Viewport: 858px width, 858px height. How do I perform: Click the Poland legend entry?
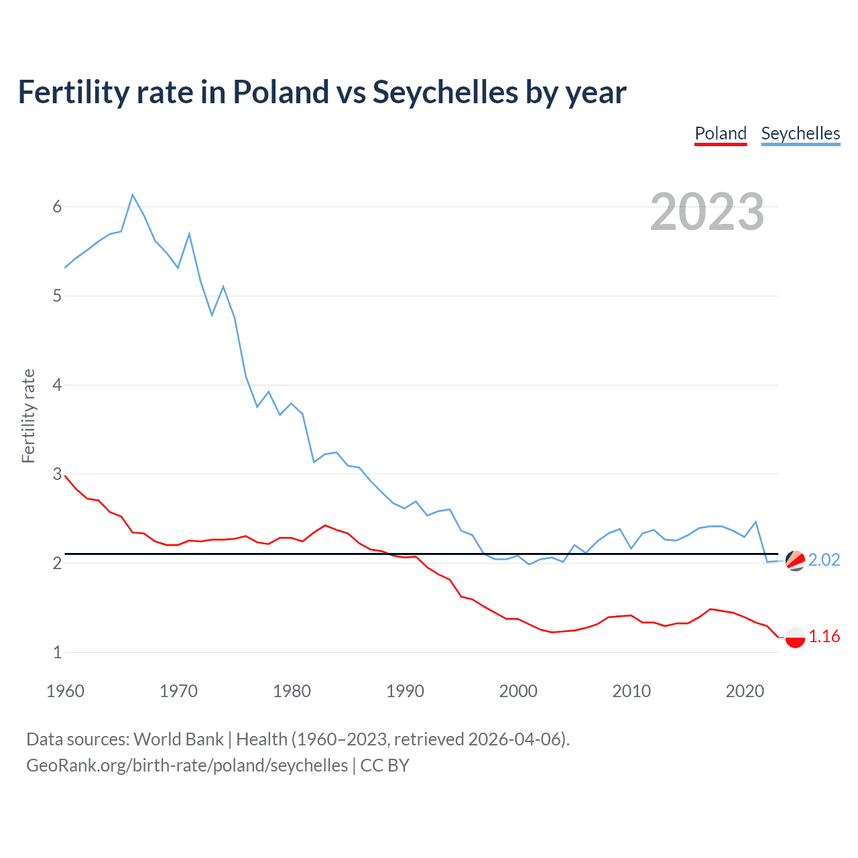tap(721, 133)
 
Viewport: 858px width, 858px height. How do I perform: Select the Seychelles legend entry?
tap(800, 133)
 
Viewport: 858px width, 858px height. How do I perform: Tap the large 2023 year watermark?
tap(707, 212)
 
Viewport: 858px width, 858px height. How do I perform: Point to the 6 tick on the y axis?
tap(57, 206)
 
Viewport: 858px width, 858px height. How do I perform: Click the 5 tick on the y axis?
tap(57, 296)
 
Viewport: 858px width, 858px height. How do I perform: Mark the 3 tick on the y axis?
tap(57, 474)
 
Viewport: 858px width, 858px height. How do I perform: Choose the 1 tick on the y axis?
tap(57, 652)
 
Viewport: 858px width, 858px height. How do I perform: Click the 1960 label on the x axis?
tap(65, 691)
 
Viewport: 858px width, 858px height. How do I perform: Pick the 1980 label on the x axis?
tap(292, 691)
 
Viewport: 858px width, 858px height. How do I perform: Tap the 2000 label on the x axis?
tap(518, 691)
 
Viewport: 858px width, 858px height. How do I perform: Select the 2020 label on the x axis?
tap(745, 691)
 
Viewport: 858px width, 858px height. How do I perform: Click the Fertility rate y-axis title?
tap(28, 416)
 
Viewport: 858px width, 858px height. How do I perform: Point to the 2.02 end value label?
tap(824, 560)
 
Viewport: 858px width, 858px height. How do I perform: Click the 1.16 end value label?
tap(824, 636)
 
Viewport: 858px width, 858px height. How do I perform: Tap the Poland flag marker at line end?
tap(795, 637)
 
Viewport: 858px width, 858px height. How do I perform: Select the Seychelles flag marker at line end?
tap(795, 560)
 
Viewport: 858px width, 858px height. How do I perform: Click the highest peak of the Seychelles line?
tap(133, 195)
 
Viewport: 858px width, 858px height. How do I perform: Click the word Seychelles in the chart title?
tap(445, 92)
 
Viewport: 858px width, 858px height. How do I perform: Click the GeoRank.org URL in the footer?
tap(187, 765)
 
